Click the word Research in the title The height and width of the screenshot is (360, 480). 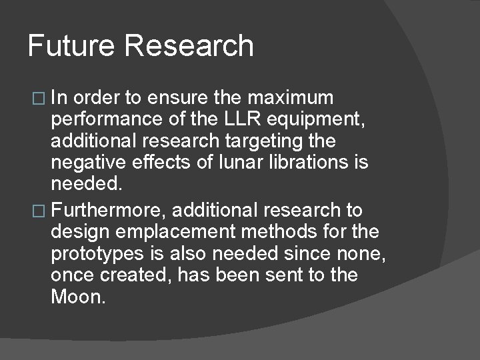pos(189,47)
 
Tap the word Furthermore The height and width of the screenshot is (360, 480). pos(111,211)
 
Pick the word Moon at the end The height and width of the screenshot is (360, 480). pos(78,297)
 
